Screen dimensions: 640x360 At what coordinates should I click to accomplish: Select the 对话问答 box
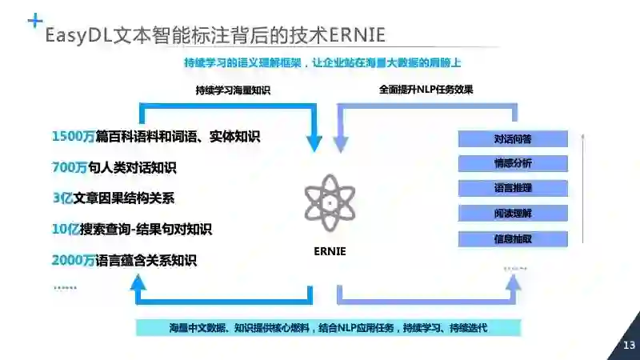click(x=513, y=138)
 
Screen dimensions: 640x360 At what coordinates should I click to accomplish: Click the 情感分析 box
click(x=513, y=163)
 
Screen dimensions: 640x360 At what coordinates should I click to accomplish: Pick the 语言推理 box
click(x=513, y=188)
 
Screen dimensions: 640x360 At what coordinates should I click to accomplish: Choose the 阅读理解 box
click(x=513, y=213)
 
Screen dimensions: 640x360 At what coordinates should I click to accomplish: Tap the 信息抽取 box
click(x=513, y=238)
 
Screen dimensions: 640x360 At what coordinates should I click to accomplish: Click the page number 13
click(x=628, y=345)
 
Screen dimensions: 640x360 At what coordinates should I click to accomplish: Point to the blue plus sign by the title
click(x=34, y=21)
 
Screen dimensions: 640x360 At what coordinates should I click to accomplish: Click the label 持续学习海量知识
click(x=233, y=90)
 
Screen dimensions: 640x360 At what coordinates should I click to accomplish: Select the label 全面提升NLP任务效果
click(x=426, y=90)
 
